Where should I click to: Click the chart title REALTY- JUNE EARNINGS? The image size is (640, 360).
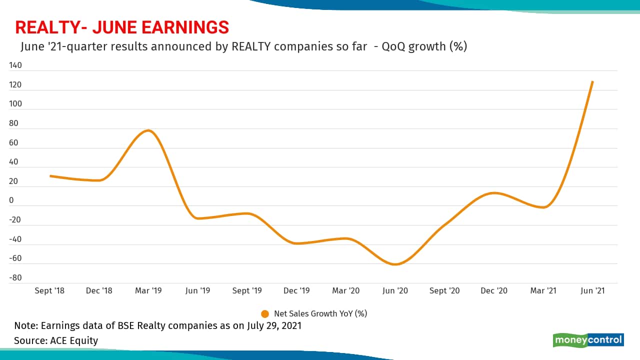[x=122, y=27]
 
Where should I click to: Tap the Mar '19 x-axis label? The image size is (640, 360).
[x=149, y=290]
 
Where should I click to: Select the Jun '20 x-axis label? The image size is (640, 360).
[x=395, y=290]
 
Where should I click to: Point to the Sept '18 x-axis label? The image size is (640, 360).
[x=50, y=290]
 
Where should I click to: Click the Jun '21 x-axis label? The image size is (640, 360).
[x=592, y=290]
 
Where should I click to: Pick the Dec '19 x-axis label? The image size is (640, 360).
[x=297, y=290]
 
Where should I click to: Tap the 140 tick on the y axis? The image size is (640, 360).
[x=15, y=65]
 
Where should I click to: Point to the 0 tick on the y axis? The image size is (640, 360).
[x=11, y=200]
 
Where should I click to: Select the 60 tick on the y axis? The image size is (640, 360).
[x=13, y=143]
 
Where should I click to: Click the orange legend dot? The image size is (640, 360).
[x=265, y=314]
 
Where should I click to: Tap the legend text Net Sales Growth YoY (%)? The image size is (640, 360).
[x=320, y=314]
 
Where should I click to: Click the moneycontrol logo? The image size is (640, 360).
[x=588, y=340]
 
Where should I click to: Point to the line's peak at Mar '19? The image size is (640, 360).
[x=148, y=130]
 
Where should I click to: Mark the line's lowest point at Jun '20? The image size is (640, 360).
[x=395, y=264]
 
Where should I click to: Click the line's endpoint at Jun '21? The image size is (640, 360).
[x=592, y=81]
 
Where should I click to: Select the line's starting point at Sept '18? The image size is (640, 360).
[x=50, y=176]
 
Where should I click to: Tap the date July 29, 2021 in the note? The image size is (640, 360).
[x=274, y=326]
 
